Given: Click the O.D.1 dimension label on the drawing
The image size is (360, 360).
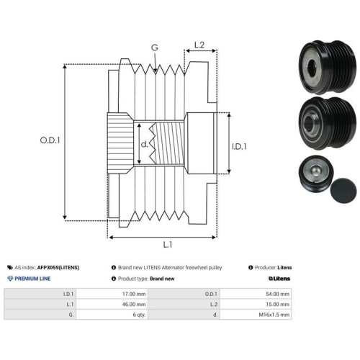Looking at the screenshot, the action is pyautogui.click(x=50, y=140).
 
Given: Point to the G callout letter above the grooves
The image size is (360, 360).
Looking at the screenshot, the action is pyautogui.click(x=155, y=48).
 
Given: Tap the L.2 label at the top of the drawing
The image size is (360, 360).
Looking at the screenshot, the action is pyautogui.click(x=199, y=45).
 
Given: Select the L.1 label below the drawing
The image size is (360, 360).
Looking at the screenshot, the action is pyautogui.click(x=168, y=245).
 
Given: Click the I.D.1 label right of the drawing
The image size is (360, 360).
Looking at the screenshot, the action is pyautogui.click(x=239, y=146).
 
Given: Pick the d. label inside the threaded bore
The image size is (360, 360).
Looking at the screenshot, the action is pyautogui.click(x=144, y=144).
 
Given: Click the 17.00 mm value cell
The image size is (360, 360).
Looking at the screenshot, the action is pyautogui.click(x=134, y=294).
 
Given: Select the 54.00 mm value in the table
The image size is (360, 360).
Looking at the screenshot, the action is pyautogui.click(x=278, y=294).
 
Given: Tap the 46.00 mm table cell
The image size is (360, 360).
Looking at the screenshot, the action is pyautogui.click(x=134, y=304).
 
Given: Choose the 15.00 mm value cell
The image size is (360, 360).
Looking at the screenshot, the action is pyautogui.click(x=278, y=304).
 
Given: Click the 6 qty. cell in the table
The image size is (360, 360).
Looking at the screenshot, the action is pyautogui.click(x=139, y=315).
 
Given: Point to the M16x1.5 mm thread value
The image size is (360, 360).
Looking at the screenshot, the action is pyautogui.click(x=274, y=315).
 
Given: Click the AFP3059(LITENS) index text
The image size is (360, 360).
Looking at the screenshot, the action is pyautogui.click(x=58, y=267).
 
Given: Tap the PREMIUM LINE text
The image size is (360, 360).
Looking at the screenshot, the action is pyautogui.click(x=32, y=279).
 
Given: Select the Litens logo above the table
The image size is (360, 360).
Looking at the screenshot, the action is pyautogui.click(x=279, y=279).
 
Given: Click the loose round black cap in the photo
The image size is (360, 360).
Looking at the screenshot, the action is pyautogui.click(x=343, y=191).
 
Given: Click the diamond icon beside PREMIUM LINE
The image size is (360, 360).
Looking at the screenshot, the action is pyautogui.click(x=10, y=279).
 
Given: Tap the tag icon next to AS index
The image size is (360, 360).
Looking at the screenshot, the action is pyautogui.click(x=10, y=267).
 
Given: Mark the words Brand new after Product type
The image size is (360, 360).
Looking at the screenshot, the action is pyautogui.click(x=162, y=279).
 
